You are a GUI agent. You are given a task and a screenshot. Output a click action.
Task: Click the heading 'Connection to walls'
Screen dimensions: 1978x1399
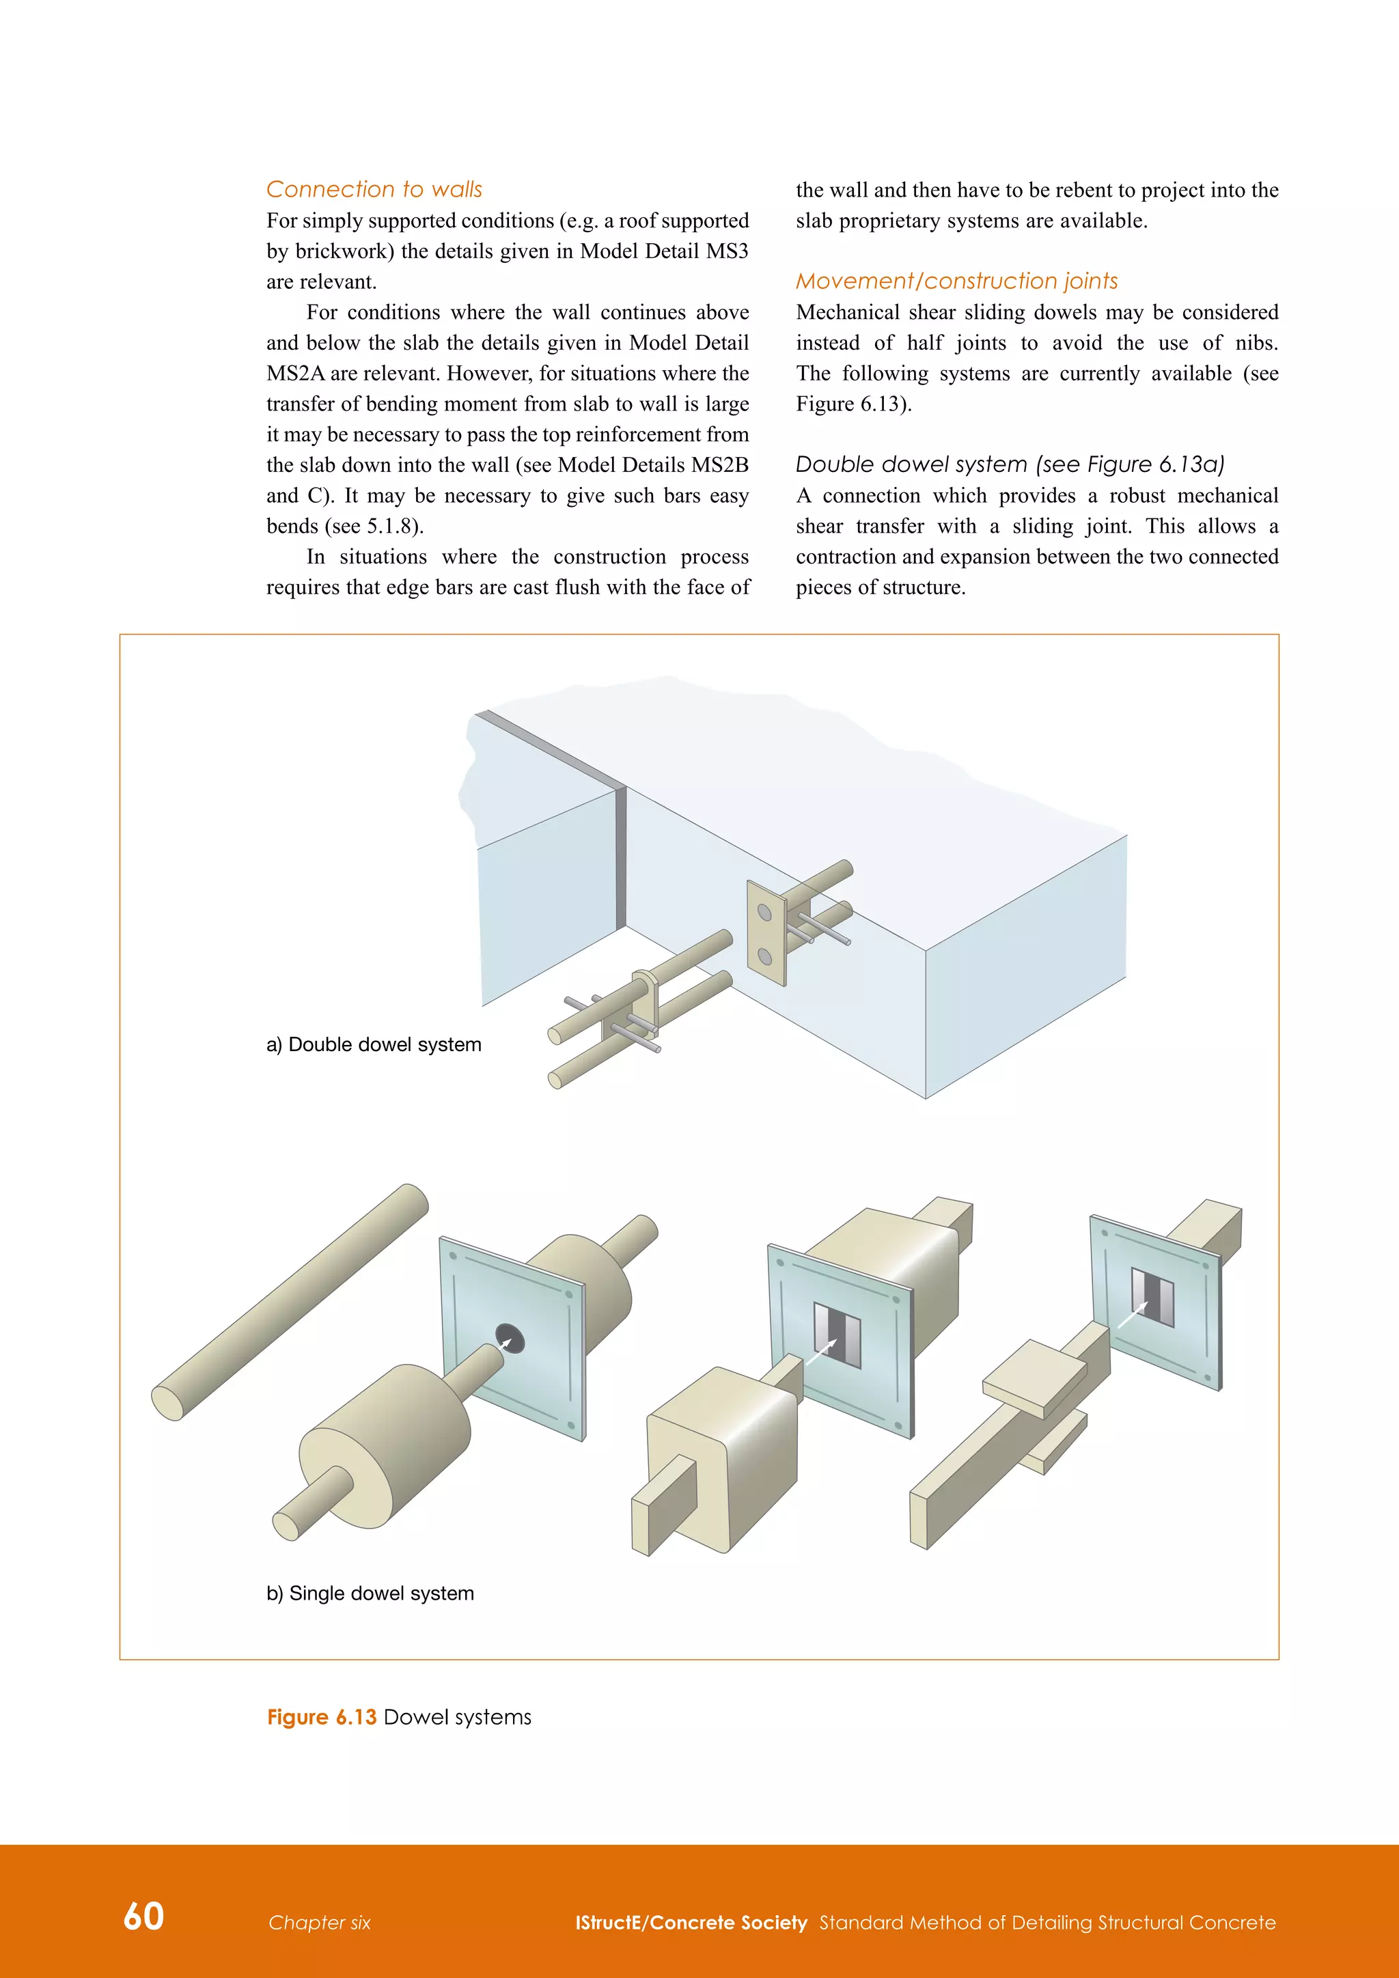(374, 189)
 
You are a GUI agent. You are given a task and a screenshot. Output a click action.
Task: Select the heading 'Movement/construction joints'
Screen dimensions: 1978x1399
(956, 281)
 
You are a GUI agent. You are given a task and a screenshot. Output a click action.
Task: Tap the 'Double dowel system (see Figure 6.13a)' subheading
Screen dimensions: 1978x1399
(1010, 464)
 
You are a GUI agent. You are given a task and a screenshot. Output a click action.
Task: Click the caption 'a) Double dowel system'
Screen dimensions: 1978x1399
(374, 1044)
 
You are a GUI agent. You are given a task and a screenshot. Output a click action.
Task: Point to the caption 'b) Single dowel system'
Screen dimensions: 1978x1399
(370, 1593)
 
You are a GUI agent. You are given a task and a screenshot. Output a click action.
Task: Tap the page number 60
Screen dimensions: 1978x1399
(144, 1916)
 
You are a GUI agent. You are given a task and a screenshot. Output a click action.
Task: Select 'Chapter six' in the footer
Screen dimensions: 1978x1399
(319, 1923)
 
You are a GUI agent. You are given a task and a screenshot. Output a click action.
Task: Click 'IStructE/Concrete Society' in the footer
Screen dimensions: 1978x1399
(691, 1923)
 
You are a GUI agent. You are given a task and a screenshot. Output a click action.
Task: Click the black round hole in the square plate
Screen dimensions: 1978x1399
(509, 1337)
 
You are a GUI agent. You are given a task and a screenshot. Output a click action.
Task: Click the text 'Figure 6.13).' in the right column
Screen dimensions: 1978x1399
(853, 404)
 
